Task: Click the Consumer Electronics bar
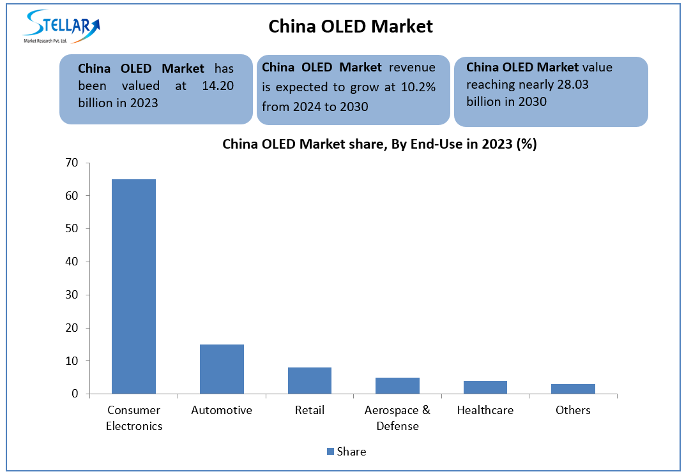[x=133, y=286]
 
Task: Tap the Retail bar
[x=310, y=380]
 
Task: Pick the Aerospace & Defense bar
[x=397, y=385]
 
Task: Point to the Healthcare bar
[x=485, y=387]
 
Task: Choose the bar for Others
[x=573, y=389]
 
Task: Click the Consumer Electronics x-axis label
[x=134, y=418]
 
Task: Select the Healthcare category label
[x=485, y=410]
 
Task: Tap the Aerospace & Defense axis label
[x=397, y=418]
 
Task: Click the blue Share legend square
[x=330, y=452]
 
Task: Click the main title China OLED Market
[x=351, y=26]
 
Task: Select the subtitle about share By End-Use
[x=379, y=144]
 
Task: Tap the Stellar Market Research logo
[x=61, y=26]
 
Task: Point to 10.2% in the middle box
[x=418, y=87]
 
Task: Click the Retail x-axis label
[x=310, y=410]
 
